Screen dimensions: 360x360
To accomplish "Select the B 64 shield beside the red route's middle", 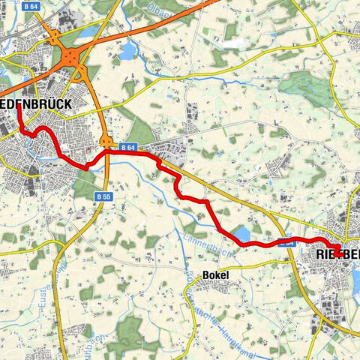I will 127,148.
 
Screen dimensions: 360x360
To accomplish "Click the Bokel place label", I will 215,275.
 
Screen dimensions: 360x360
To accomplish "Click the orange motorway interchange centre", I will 72,57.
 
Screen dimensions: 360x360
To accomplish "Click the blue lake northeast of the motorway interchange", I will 128,51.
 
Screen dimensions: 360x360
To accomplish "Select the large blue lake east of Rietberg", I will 355,278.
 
